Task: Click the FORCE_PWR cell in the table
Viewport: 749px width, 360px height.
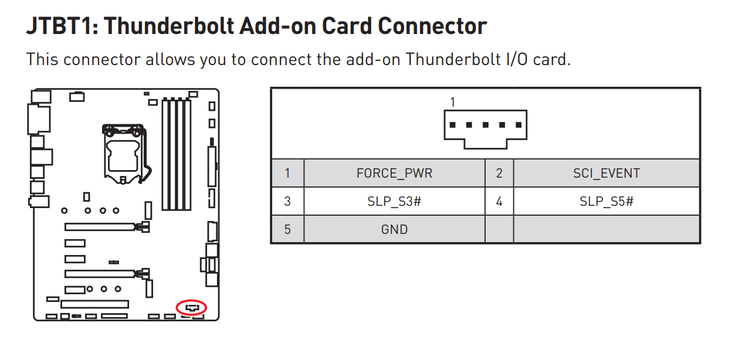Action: (394, 174)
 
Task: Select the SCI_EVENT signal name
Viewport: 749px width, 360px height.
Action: (606, 174)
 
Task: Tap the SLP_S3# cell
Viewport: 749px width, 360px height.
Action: (394, 202)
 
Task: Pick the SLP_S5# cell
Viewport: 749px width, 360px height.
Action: (606, 202)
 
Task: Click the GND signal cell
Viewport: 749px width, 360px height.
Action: (394, 229)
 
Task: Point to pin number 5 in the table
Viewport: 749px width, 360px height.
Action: (287, 229)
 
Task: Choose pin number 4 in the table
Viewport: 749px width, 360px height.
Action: (499, 202)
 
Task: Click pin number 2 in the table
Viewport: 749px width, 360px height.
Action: (499, 174)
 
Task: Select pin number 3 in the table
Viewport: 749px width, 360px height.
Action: (287, 202)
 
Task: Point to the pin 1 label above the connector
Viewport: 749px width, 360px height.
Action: (452, 102)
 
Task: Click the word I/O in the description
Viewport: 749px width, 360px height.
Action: (517, 59)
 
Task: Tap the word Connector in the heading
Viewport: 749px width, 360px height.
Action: (432, 26)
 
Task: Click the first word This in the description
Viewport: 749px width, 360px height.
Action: (42, 59)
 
